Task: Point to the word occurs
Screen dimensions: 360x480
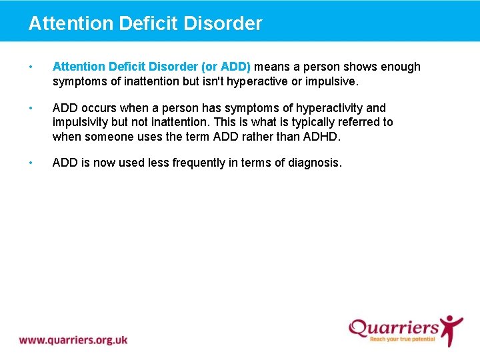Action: (99, 108)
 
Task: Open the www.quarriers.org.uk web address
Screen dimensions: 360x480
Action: (73, 340)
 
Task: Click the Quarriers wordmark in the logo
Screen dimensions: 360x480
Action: (393, 328)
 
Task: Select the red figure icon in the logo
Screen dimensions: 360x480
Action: (451, 330)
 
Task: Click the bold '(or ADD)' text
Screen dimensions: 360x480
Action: (226, 67)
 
